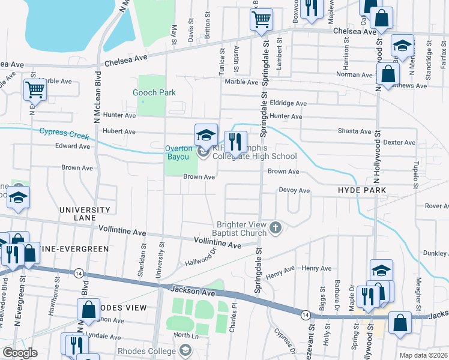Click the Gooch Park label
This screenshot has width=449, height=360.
coord(155,92)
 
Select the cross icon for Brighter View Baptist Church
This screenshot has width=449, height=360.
coord(276,227)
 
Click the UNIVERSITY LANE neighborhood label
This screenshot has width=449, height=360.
coord(85,214)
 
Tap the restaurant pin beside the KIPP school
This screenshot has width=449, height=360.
coord(235,143)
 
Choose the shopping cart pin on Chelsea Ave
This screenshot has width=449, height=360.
coord(261,20)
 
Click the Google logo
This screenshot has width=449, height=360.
coord(20,353)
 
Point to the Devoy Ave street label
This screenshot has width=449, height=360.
coord(294,190)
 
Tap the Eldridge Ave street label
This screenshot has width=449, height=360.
coord(288,103)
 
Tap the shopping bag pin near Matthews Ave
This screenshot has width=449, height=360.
coord(389,76)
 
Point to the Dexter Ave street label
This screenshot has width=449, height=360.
coord(399,142)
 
